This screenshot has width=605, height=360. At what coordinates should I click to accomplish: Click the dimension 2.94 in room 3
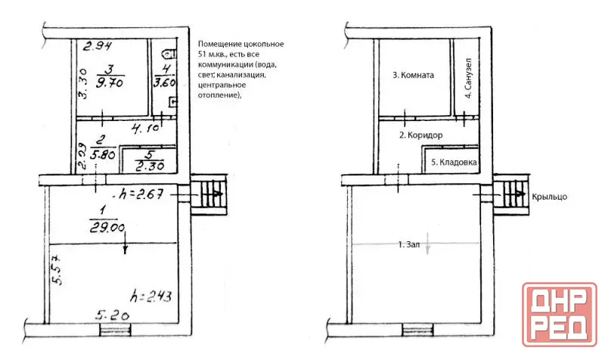click(98, 46)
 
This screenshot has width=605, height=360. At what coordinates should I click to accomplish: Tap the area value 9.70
click(110, 82)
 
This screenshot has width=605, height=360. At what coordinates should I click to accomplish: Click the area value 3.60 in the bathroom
click(164, 82)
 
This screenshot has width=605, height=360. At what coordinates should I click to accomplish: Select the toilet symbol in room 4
click(171, 54)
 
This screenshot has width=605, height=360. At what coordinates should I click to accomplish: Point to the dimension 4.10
click(145, 128)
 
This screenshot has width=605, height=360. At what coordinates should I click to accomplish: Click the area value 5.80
click(103, 154)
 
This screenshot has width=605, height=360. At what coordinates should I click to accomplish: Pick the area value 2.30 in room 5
click(150, 166)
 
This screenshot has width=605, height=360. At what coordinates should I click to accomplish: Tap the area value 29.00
click(107, 228)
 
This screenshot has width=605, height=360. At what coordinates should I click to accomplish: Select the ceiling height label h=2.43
click(150, 296)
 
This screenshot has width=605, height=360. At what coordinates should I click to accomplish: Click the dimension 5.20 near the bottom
click(112, 315)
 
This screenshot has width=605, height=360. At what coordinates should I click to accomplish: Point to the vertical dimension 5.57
click(56, 269)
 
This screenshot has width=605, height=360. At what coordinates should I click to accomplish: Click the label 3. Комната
click(413, 75)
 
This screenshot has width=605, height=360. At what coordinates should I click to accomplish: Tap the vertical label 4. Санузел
click(468, 79)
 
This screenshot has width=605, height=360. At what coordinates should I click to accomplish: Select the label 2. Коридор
click(420, 135)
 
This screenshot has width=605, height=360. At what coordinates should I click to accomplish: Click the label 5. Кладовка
click(454, 163)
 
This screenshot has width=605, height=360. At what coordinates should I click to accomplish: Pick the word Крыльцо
click(550, 197)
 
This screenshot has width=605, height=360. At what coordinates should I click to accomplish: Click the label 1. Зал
click(408, 244)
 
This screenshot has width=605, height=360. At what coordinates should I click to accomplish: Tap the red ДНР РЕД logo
click(560, 314)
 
